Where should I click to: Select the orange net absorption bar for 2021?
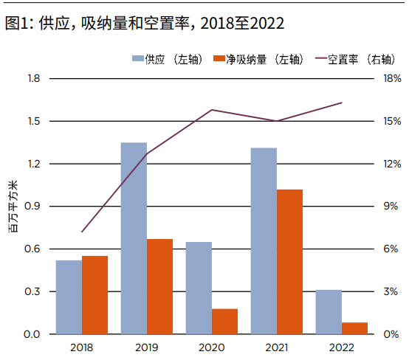290,262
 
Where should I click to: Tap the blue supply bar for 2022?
329,312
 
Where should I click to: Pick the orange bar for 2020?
225,322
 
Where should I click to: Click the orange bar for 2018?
94,295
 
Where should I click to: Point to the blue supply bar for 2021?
264,241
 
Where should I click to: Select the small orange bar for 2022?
355,328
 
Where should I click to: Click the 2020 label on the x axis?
212,346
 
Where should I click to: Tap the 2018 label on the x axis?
81,346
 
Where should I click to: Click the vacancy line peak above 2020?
212,110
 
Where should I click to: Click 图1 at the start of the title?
16,23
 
